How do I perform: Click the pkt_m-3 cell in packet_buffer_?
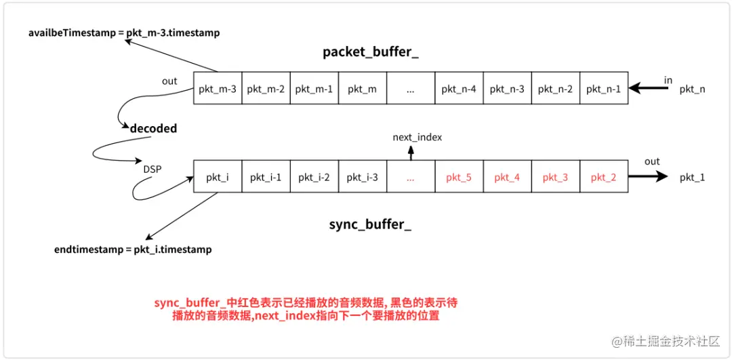pyautogui.click(x=218, y=89)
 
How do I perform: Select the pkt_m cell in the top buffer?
pyautogui.click(x=362, y=89)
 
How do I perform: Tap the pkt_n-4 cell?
pyautogui.click(x=459, y=89)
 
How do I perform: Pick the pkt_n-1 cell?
pyautogui.click(x=603, y=89)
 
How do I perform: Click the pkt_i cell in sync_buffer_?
pyautogui.click(x=218, y=177)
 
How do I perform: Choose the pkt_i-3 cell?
pyautogui.click(x=362, y=177)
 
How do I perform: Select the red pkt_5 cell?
pyautogui.click(x=459, y=177)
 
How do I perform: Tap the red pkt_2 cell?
pyautogui.click(x=603, y=177)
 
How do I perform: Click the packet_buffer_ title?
pyautogui.click(x=370, y=52)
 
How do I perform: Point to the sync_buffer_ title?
pyautogui.click(x=370, y=224)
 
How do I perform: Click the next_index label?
pyautogui.click(x=417, y=137)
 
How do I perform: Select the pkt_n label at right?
pyautogui.click(x=692, y=89)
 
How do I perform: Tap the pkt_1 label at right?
pyautogui.click(x=692, y=177)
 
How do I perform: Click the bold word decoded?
pyautogui.click(x=153, y=128)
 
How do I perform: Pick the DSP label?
pyautogui.click(x=152, y=169)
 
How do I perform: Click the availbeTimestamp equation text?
pyautogui.click(x=124, y=33)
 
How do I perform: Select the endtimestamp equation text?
pyautogui.click(x=133, y=249)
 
